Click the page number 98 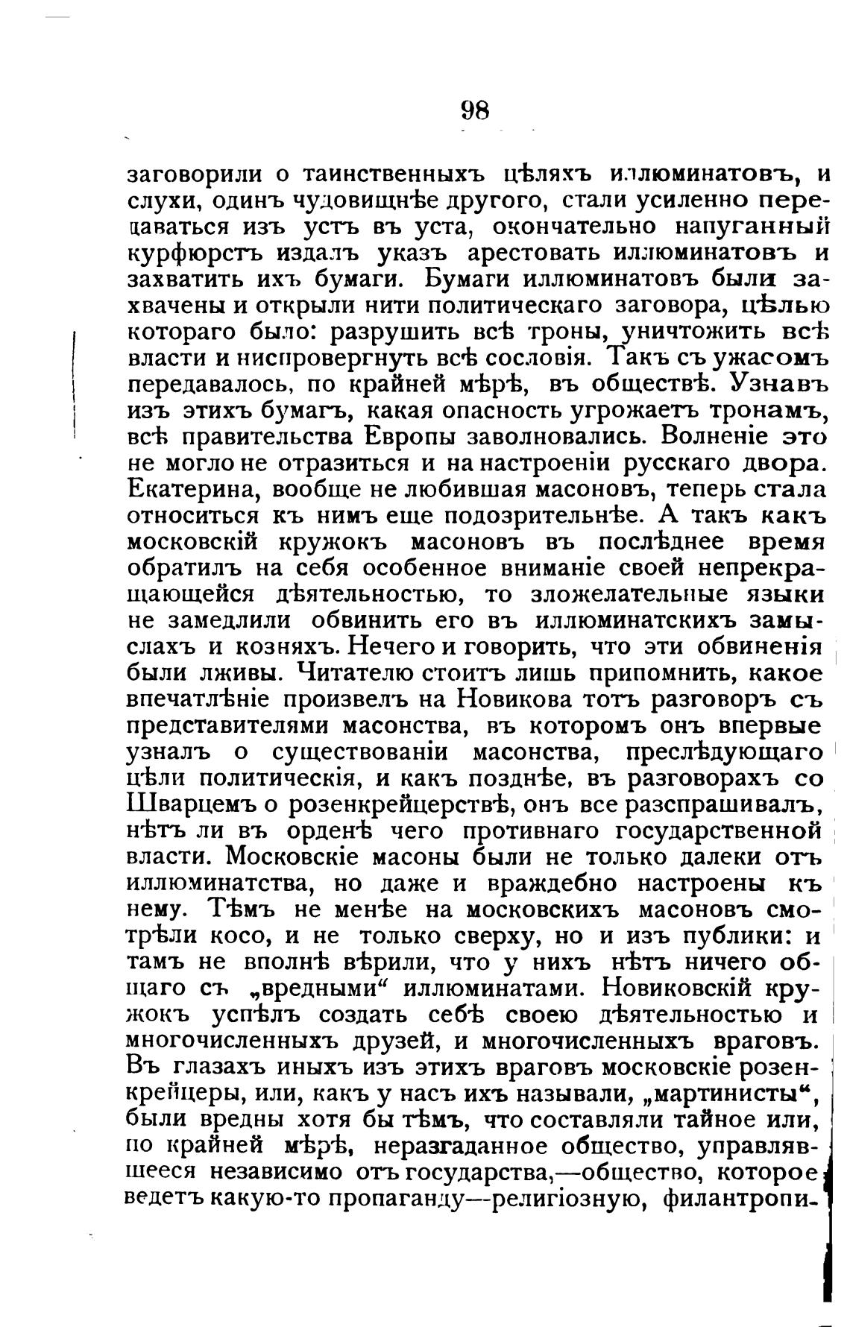coord(474,110)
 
